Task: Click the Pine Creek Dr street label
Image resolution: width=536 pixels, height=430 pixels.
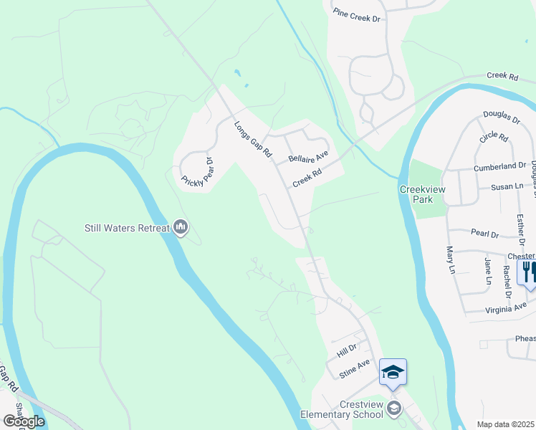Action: coord(357,15)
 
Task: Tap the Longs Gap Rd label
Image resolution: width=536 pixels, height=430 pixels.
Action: coord(253,139)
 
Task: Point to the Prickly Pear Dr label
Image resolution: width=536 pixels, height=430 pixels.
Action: coord(198,171)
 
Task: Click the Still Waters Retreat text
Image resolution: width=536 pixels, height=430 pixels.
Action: coord(125,229)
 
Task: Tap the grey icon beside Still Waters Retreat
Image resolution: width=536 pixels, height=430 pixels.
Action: coord(180,228)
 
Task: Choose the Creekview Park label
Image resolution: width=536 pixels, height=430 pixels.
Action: coord(416,195)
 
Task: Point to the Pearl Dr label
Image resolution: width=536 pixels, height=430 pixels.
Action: coord(484,234)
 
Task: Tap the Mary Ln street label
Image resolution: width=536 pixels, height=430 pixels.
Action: coord(451,261)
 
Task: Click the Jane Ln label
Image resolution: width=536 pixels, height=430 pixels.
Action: coord(487,272)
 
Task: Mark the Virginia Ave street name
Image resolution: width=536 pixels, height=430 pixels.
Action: coord(507,305)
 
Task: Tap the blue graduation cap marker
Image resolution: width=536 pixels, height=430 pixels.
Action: coord(393,372)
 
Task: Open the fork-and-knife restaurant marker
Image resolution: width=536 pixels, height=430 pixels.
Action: coord(529,272)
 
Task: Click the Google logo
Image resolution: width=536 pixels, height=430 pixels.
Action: coord(24,421)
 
